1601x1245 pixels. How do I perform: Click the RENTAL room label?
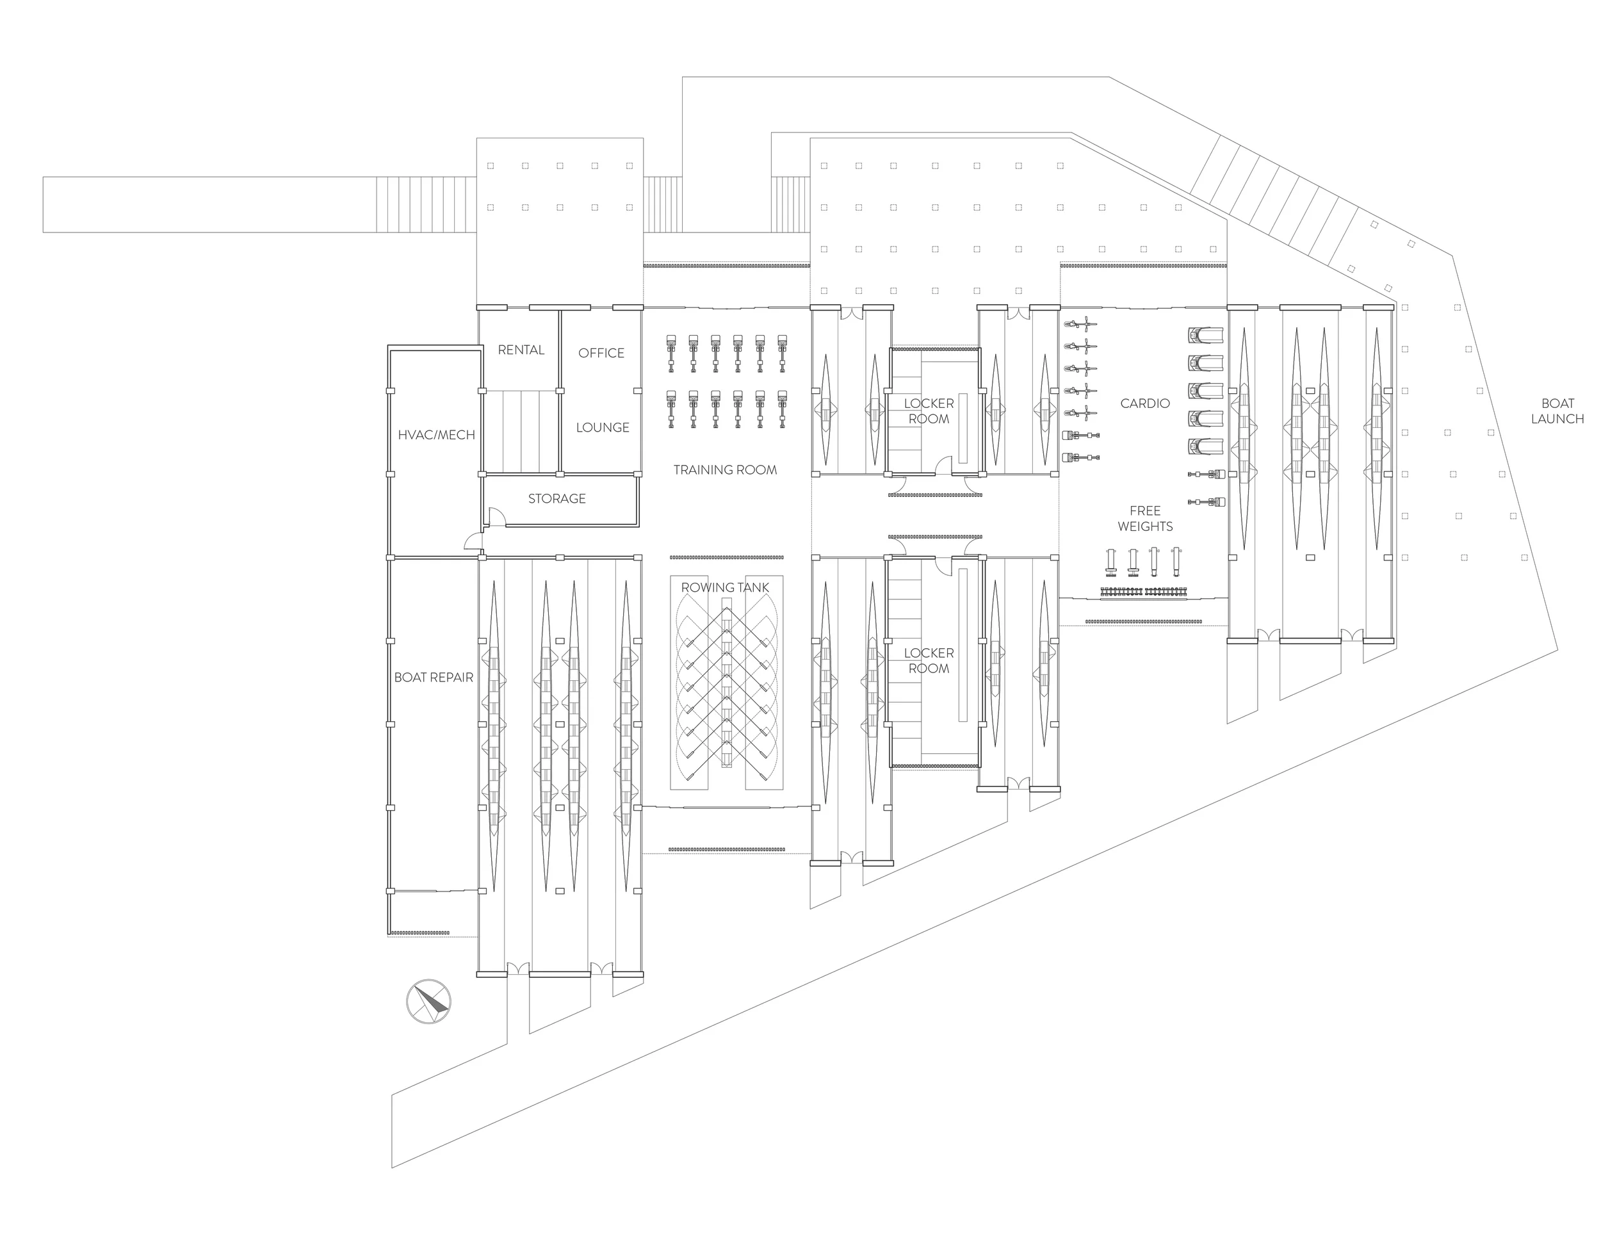click(x=521, y=350)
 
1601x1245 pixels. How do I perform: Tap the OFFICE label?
click(x=601, y=353)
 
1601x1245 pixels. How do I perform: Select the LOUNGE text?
click(x=602, y=427)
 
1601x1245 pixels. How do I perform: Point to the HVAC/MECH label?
click(x=436, y=435)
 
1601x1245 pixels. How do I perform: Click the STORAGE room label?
click(x=557, y=499)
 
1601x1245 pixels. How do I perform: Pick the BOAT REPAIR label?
click(x=434, y=678)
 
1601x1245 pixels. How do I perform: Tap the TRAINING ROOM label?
click(x=725, y=470)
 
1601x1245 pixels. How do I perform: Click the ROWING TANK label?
click(x=725, y=587)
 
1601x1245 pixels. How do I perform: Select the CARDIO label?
click(x=1144, y=403)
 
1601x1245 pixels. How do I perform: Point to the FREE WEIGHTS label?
click(x=1144, y=518)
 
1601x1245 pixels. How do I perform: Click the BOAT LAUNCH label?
click(x=1557, y=411)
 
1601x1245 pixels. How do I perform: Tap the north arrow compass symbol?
click(x=429, y=1001)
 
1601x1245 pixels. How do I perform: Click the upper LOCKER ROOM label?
click(x=928, y=411)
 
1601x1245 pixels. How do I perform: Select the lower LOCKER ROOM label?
click(x=928, y=661)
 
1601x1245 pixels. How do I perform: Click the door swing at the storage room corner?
click(x=495, y=516)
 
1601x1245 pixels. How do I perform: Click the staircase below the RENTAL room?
click(x=521, y=431)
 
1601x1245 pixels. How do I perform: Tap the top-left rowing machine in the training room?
click(x=670, y=352)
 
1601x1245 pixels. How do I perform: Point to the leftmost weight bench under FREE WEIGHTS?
click(x=1110, y=560)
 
